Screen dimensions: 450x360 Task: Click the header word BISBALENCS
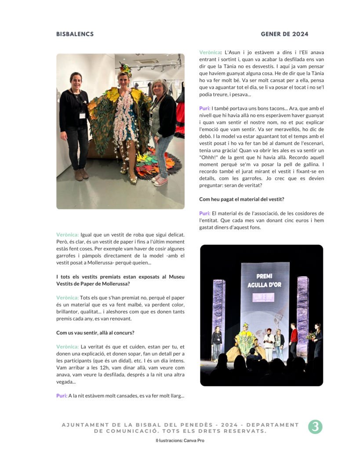[75, 34]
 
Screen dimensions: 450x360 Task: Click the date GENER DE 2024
[284, 34]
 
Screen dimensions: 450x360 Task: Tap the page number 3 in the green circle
[315, 427]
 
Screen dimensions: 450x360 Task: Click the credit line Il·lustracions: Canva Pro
[180, 440]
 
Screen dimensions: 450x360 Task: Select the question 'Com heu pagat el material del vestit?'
[242, 199]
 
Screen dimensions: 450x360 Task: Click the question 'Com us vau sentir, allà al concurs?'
[95, 333]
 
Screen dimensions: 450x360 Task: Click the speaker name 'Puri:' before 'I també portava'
[204, 109]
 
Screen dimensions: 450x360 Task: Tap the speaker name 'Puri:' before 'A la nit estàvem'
[62, 396]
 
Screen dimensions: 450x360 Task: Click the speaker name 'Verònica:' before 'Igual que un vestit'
[67, 235]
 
